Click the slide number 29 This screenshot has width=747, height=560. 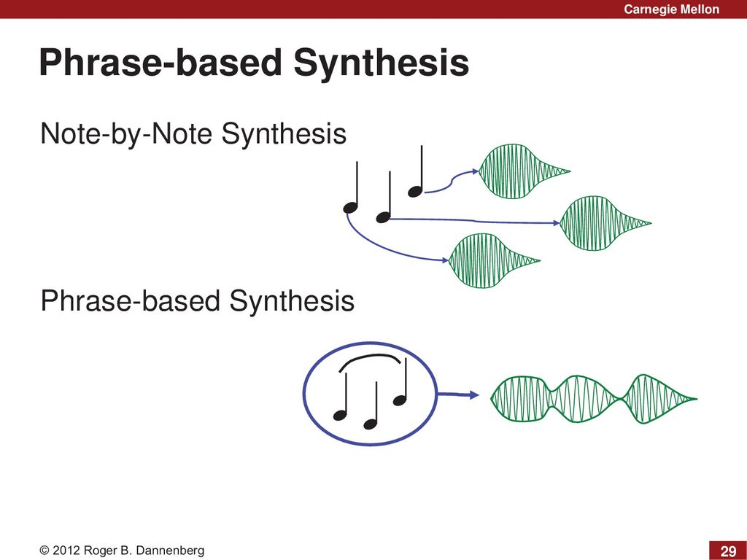pos(728,551)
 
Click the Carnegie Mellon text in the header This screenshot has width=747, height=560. pos(671,9)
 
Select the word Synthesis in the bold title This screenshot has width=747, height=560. pos(381,63)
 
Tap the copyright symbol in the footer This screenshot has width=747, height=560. pos(44,551)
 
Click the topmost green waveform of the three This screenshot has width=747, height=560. pos(524,171)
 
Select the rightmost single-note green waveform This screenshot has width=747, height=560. pos(605,223)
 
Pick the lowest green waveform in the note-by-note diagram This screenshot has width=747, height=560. pos(494,260)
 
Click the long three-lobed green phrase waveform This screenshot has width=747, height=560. pos(594,399)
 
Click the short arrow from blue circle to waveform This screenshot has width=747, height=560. pos(457,394)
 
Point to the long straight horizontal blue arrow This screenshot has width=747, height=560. pos(474,221)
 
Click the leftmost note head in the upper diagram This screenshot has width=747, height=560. pos(351,208)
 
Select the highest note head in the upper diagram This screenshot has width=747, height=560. pos(415,192)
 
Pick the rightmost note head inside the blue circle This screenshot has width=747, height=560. pos(400,400)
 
